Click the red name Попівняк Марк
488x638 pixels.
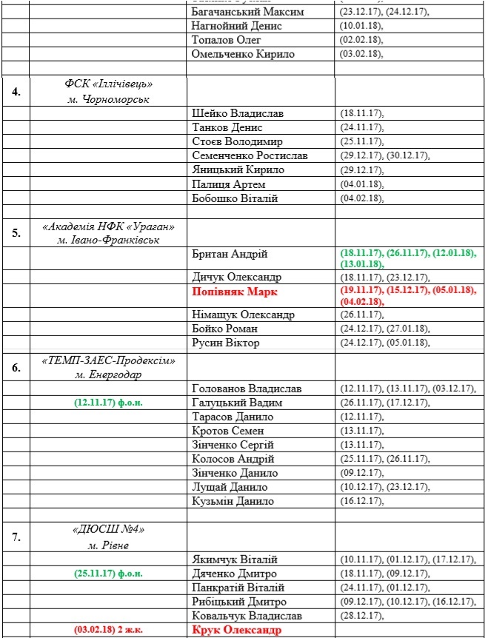[x=233, y=292]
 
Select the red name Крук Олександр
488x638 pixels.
[x=237, y=630]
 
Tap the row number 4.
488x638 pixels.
[x=16, y=92]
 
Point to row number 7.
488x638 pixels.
[x=16, y=537]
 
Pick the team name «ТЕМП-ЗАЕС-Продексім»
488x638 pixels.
[x=108, y=360]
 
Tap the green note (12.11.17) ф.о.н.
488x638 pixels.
[x=108, y=403]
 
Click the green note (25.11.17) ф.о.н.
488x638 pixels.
[x=108, y=573]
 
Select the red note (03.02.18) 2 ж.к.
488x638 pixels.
[x=108, y=630]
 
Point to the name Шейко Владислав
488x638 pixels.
[x=237, y=113]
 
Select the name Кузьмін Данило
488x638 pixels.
[x=233, y=501]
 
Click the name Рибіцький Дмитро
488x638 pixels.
[x=238, y=601]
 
